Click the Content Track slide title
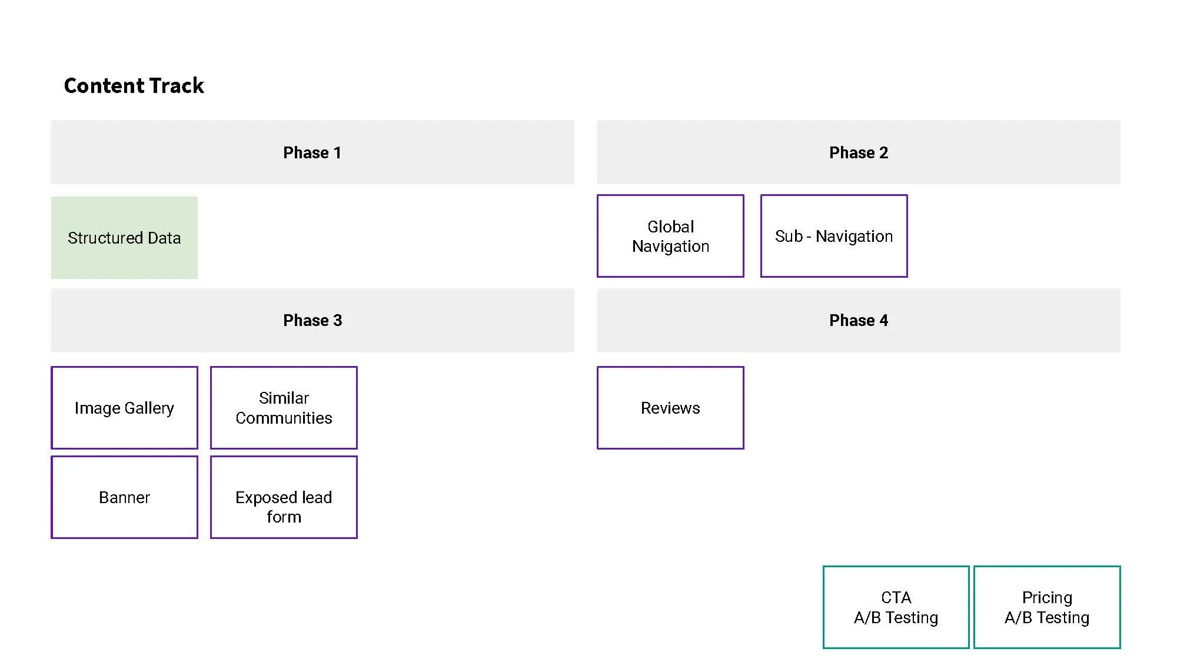click(134, 86)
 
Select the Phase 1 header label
click(312, 153)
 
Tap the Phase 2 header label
click(858, 153)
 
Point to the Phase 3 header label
click(312, 321)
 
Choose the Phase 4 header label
click(858, 321)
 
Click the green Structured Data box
click(124, 238)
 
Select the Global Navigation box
click(670, 236)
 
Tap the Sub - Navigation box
click(833, 236)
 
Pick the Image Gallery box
click(124, 408)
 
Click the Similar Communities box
click(284, 408)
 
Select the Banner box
click(124, 497)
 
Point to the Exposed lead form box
click(284, 497)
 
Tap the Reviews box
click(670, 408)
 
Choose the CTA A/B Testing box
click(896, 607)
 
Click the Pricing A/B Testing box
click(1047, 607)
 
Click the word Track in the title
click(176, 86)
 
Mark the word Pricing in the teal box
click(1047, 598)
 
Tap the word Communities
click(284, 418)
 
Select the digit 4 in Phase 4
click(883, 321)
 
